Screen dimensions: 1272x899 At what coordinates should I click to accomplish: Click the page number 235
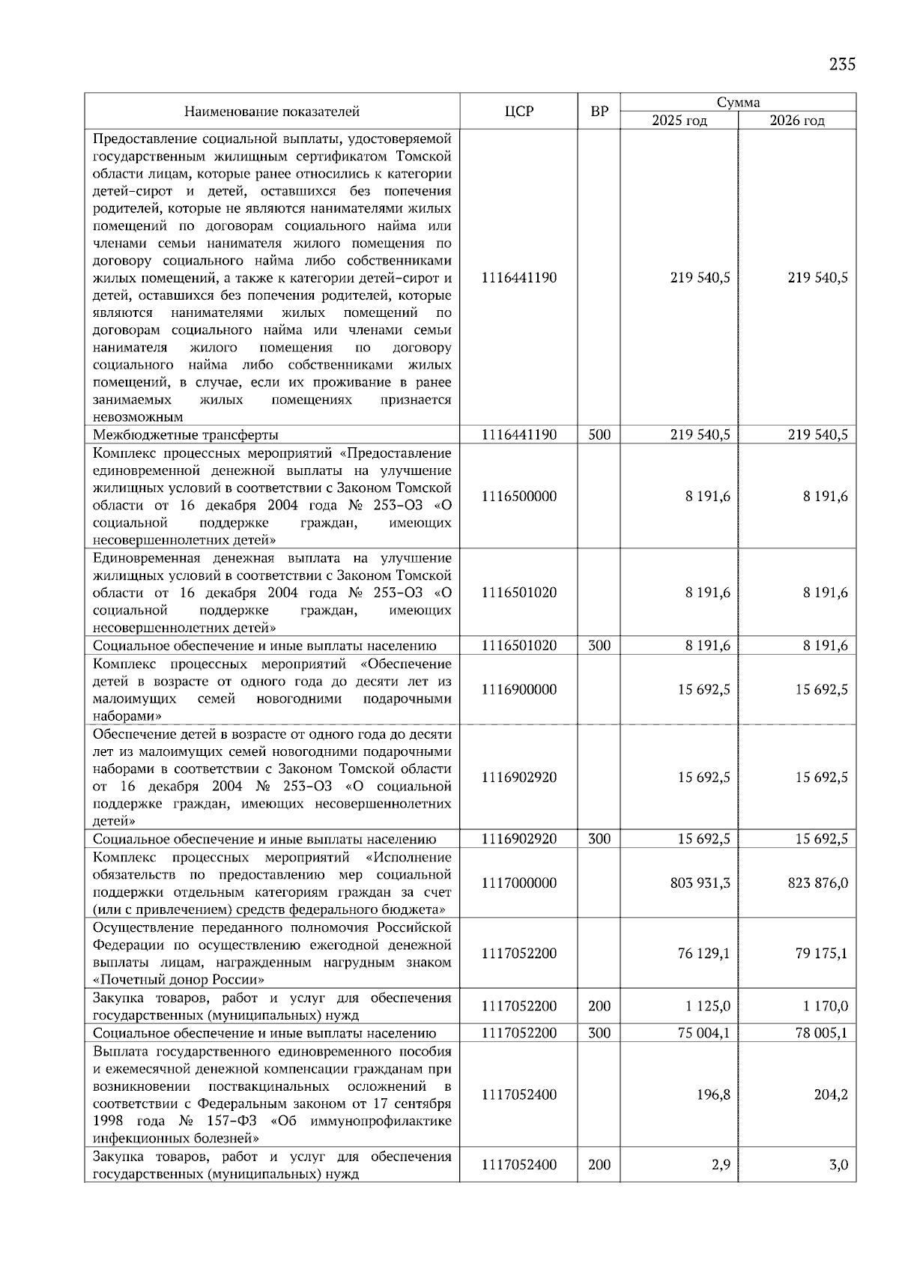coord(842,64)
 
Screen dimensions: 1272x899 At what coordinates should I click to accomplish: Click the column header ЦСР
coord(518,112)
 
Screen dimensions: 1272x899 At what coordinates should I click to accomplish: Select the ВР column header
coord(599,112)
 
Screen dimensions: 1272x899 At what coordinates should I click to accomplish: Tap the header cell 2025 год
coord(679,121)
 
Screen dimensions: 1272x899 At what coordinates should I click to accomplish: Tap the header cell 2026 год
coord(797,121)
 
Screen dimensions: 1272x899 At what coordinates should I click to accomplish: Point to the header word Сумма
coord(738,103)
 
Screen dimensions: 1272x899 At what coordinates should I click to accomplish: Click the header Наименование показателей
coord(272,112)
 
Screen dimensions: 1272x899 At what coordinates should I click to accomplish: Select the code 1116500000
coord(518,497)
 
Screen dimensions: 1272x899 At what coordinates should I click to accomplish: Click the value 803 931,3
coord(700,883)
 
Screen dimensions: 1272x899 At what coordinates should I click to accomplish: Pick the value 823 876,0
coord(817,883)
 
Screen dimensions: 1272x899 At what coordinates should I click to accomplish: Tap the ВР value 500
coord(599,435)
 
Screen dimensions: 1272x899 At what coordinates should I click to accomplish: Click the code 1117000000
coord(518,883)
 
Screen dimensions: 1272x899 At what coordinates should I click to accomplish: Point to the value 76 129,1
coord(703,954)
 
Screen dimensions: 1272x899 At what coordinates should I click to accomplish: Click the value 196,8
coord(713,1094)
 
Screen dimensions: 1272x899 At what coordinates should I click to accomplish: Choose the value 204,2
coord(831,1094)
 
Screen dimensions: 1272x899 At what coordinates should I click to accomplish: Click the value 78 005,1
coord(821,1033)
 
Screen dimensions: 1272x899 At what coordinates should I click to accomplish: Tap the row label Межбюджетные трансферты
coord(185,435)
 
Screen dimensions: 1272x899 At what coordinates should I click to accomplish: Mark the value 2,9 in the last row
coord(721,1165)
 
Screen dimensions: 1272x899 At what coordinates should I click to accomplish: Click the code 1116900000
coord(518,690)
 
